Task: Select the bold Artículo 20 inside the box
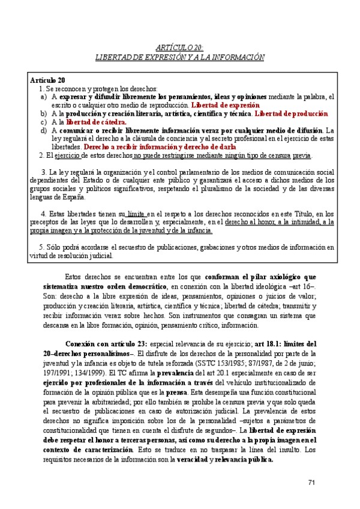coord(47,80)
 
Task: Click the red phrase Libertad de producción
coord(292,113)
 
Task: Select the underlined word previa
coord(302,155)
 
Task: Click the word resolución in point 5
coord(82,255)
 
